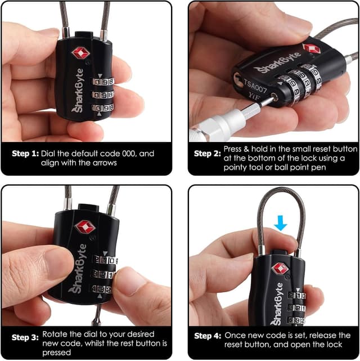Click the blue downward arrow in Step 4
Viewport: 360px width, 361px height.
(280, 225)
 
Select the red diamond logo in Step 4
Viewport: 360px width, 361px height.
(280, 268)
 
